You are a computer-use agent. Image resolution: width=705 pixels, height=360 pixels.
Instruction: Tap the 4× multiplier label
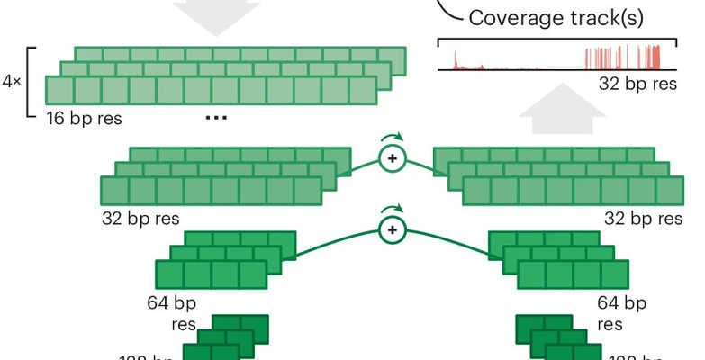[12, 80]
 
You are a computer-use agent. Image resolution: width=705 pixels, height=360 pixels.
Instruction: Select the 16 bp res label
[84, 118]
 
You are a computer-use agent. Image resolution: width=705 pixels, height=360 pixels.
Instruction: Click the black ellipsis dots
[214, 119]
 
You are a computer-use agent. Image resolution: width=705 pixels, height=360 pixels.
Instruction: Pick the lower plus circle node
[392, 231]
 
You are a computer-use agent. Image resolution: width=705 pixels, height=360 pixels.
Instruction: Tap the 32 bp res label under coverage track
[637, 83]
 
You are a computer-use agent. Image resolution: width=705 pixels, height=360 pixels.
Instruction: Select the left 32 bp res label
[140, 218]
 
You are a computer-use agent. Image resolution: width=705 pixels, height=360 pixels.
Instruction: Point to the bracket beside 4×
[31, 81]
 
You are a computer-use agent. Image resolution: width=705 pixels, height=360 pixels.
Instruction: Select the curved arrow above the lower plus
[392, 211]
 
